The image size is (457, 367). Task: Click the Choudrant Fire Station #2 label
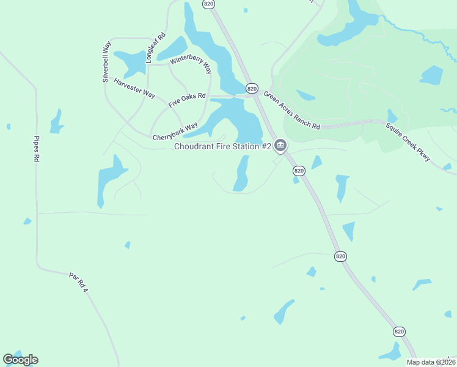(x=222, y=146)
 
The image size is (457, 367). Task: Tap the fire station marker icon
(x=280, y=146)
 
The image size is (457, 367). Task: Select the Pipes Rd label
(x=37, y=148)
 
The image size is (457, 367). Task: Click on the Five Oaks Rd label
(x=188, y=97)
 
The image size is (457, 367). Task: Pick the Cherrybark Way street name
(x=175, y=131)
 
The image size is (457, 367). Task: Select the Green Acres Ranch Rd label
(x=291, y=110)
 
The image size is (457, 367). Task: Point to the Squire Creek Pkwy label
(x=408, y=143)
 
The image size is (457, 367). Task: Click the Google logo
(x=20, y=360)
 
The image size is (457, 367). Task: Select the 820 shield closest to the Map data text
(x=399, y=332)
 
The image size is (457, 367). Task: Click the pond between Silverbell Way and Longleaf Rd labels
(x=130, y=61)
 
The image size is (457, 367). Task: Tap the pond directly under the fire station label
(x=242, y=173)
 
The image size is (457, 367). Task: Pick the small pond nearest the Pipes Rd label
(x=57, y=121)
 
